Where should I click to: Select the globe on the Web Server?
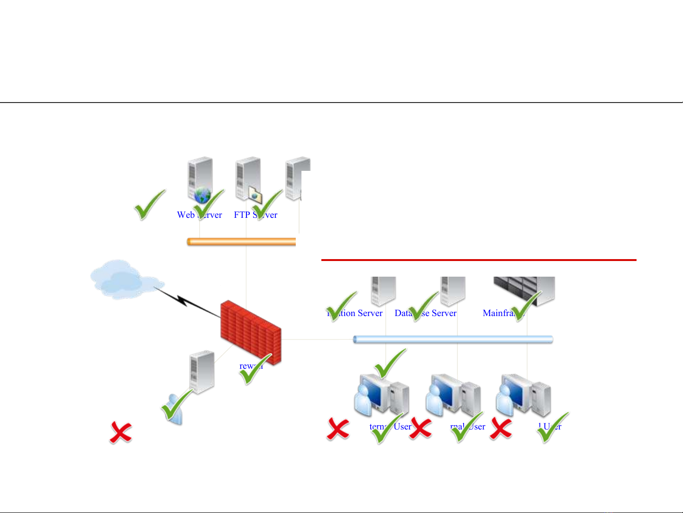point(202,195)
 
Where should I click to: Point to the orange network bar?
point(241,242)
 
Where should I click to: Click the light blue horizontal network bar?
point(453,339)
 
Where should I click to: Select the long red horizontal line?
point(479,260)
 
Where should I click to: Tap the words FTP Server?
point(255,215)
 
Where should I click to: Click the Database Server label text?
point(426,313)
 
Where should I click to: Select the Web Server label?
point(199,215)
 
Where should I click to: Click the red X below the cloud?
point(121,432)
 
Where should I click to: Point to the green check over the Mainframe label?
point(526,306)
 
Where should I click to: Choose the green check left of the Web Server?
point(150,205)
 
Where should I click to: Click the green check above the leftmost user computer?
point(390,364)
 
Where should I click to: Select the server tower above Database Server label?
point(453,290)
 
